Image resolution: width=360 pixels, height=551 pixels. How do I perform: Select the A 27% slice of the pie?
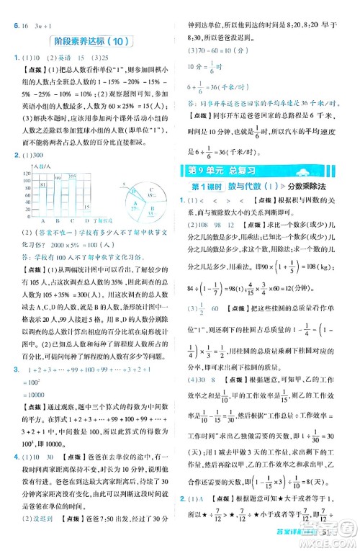[x=138, y=207]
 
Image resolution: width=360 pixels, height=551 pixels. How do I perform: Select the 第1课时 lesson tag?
[x=207, y=187]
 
